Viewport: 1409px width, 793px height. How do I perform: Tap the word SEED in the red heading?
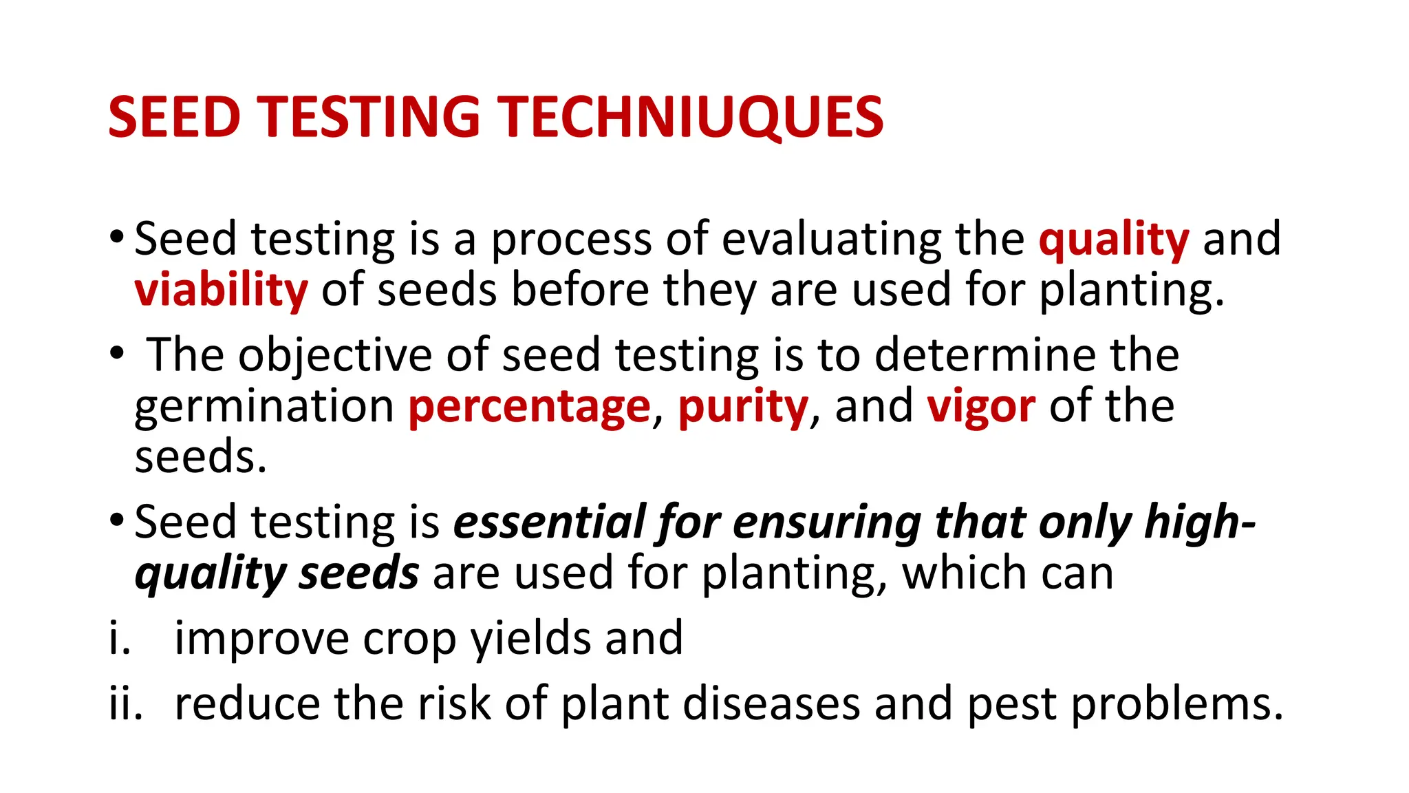pyautogui.click(x=175, y=117)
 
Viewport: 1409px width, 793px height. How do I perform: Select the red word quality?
pyautogui.click(x=1113, y=240)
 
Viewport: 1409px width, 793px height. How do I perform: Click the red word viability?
pyautogui.click(x=221, y=290)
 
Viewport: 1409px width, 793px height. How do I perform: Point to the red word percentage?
pyautogui.click(x=529, y=407)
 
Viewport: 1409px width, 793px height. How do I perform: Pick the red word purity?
pyautogui.click(x=742, y=407)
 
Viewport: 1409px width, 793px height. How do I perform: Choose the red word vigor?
pyautogui.click(x=980, y=407)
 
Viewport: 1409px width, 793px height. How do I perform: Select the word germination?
pyautogui.click(x=263, y=406)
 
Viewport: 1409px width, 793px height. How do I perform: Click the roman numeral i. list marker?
pyautogui.click(x=120, y=637)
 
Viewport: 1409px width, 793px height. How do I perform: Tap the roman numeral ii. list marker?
pyautogui.click(x=126, y=704)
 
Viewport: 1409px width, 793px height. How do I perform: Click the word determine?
pyautogui.click(x=985, y=356)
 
